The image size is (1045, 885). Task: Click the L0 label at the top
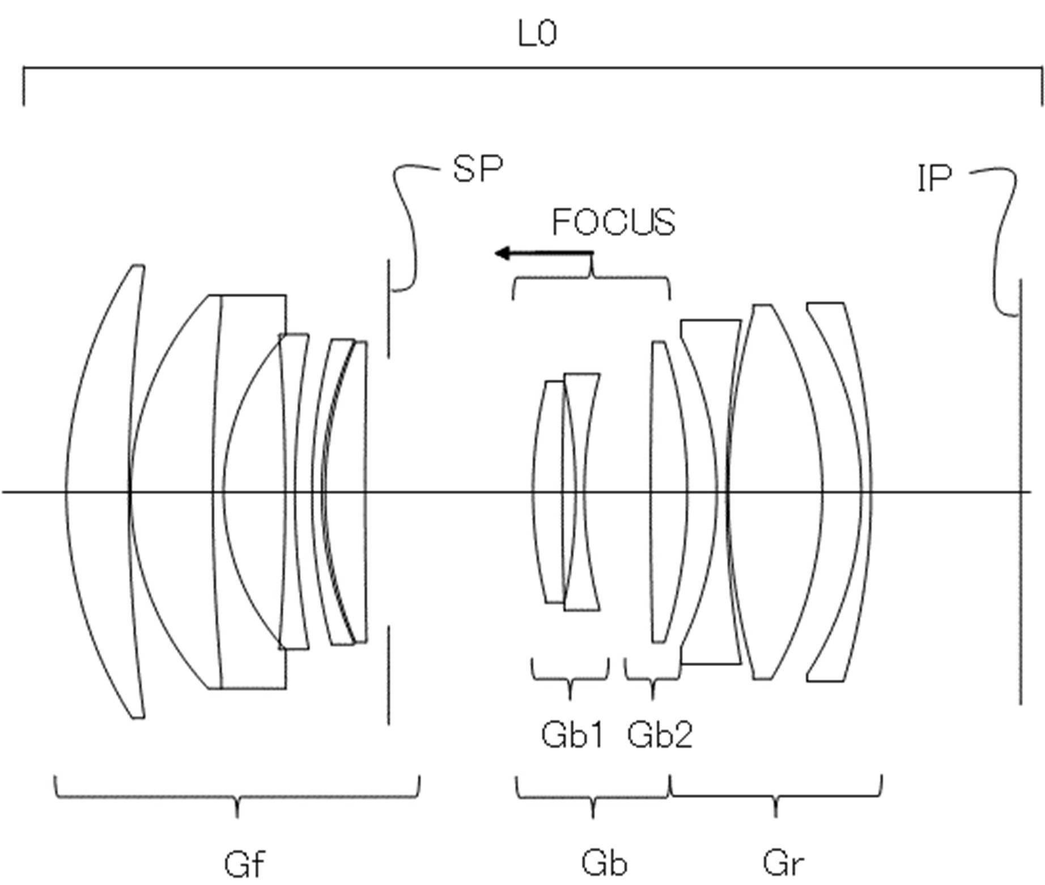537,34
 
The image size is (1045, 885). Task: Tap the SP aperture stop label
478,168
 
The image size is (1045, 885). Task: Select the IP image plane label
933,179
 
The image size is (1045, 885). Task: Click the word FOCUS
613,222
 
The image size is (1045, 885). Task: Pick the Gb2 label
660,735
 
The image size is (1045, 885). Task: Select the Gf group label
244,864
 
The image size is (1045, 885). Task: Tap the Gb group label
604,863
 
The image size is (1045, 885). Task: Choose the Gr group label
783,863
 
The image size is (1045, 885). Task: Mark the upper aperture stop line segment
389,309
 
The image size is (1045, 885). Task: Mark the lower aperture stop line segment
389,675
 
